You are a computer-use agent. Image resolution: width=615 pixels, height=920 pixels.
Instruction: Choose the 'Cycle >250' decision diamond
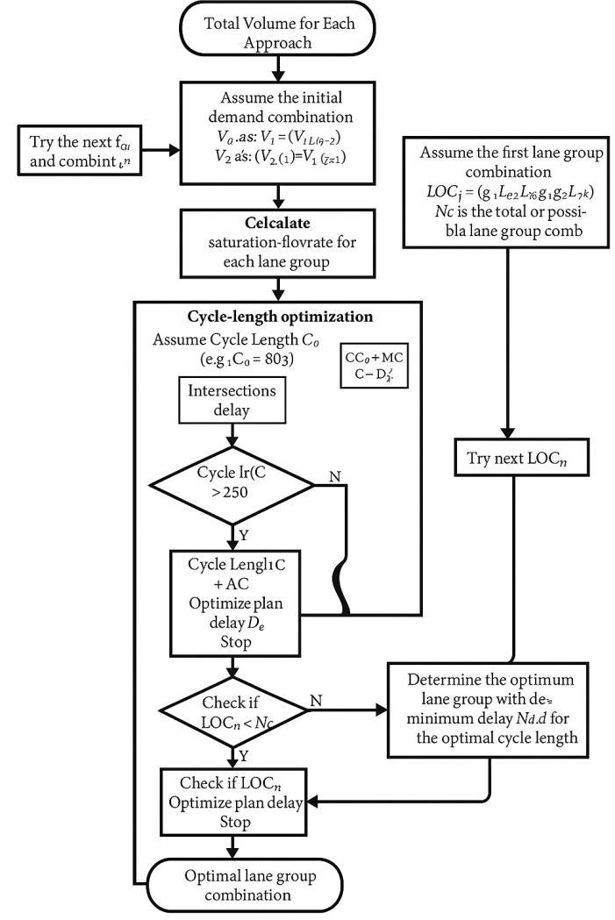tap(232, 484)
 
